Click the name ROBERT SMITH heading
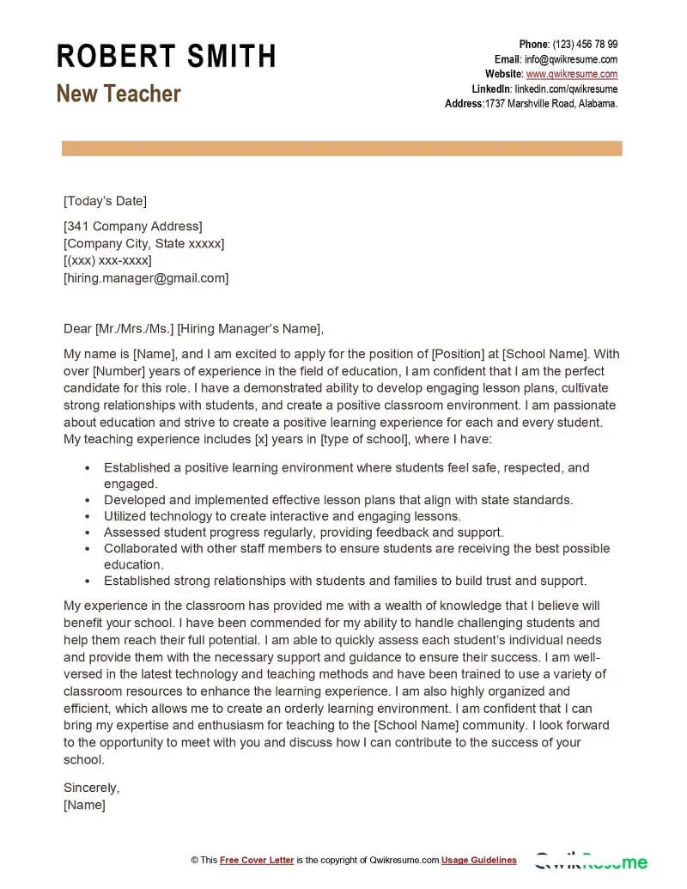166,57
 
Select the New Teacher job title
119,94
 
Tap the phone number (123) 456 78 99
585,45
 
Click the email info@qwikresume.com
571,59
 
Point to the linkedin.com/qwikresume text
566,89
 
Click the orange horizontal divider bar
342,149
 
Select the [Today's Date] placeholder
105,201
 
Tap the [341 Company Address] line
132,227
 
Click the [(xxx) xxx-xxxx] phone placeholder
107,261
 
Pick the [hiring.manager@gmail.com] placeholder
146,278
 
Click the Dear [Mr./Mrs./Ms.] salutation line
193,328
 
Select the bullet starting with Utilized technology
282,516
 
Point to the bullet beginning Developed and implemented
337,500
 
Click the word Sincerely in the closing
92,788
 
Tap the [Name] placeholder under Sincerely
84,805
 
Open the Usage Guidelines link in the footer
479,860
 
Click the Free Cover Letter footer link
257,860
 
